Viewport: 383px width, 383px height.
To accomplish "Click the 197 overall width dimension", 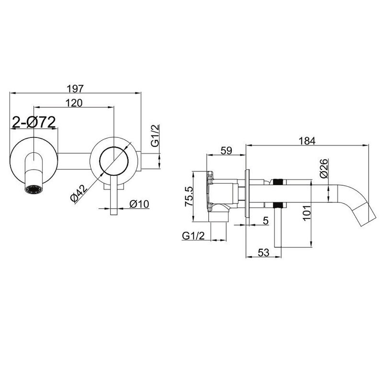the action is pyautogui.click(x=76, y=89).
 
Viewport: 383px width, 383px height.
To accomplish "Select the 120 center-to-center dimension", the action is pyautogui.click(x=74, y=103).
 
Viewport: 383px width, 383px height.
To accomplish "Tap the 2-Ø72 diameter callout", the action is pyautogui.click(x=34, y=122).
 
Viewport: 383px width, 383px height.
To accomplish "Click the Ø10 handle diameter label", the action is pyautogui.click(x=139, y=204).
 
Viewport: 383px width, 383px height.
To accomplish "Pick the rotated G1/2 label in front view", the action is pyautogui.click(x=155, y=136).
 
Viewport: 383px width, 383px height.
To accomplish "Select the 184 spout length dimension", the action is pyautogui.click(x=307, y=141).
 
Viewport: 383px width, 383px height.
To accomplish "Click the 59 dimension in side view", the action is pyautogui.click(x=226, y=150).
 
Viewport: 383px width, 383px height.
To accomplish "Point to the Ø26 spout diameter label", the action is pyautogui.click(x=323, y=169).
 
